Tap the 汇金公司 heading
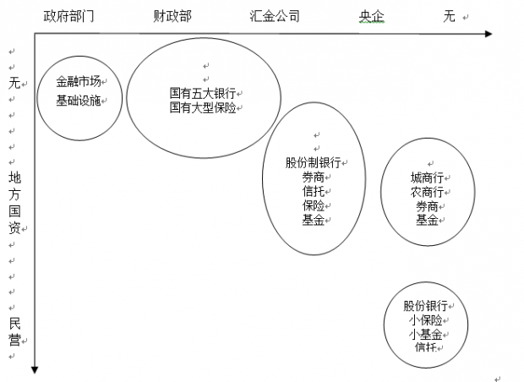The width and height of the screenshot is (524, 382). (x=275, y=16)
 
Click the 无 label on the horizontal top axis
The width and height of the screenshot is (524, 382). (x=449, y=16)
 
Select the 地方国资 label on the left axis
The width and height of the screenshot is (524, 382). (x=14, y=203)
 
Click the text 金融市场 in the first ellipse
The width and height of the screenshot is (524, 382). (x=78, y=82)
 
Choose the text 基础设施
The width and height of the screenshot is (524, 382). (x=78, y=99)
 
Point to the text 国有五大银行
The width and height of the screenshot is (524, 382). (x=203, y=94)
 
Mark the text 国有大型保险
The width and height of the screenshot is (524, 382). (x=203, y=107)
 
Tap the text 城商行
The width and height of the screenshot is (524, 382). (x=426, y=177)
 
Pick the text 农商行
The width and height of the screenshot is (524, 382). (x=426, y=192)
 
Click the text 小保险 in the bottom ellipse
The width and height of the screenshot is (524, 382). (x=424, y=320)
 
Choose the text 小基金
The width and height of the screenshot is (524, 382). (x=424, y=334)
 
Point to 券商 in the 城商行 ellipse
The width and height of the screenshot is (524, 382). (x=426, y=206)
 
